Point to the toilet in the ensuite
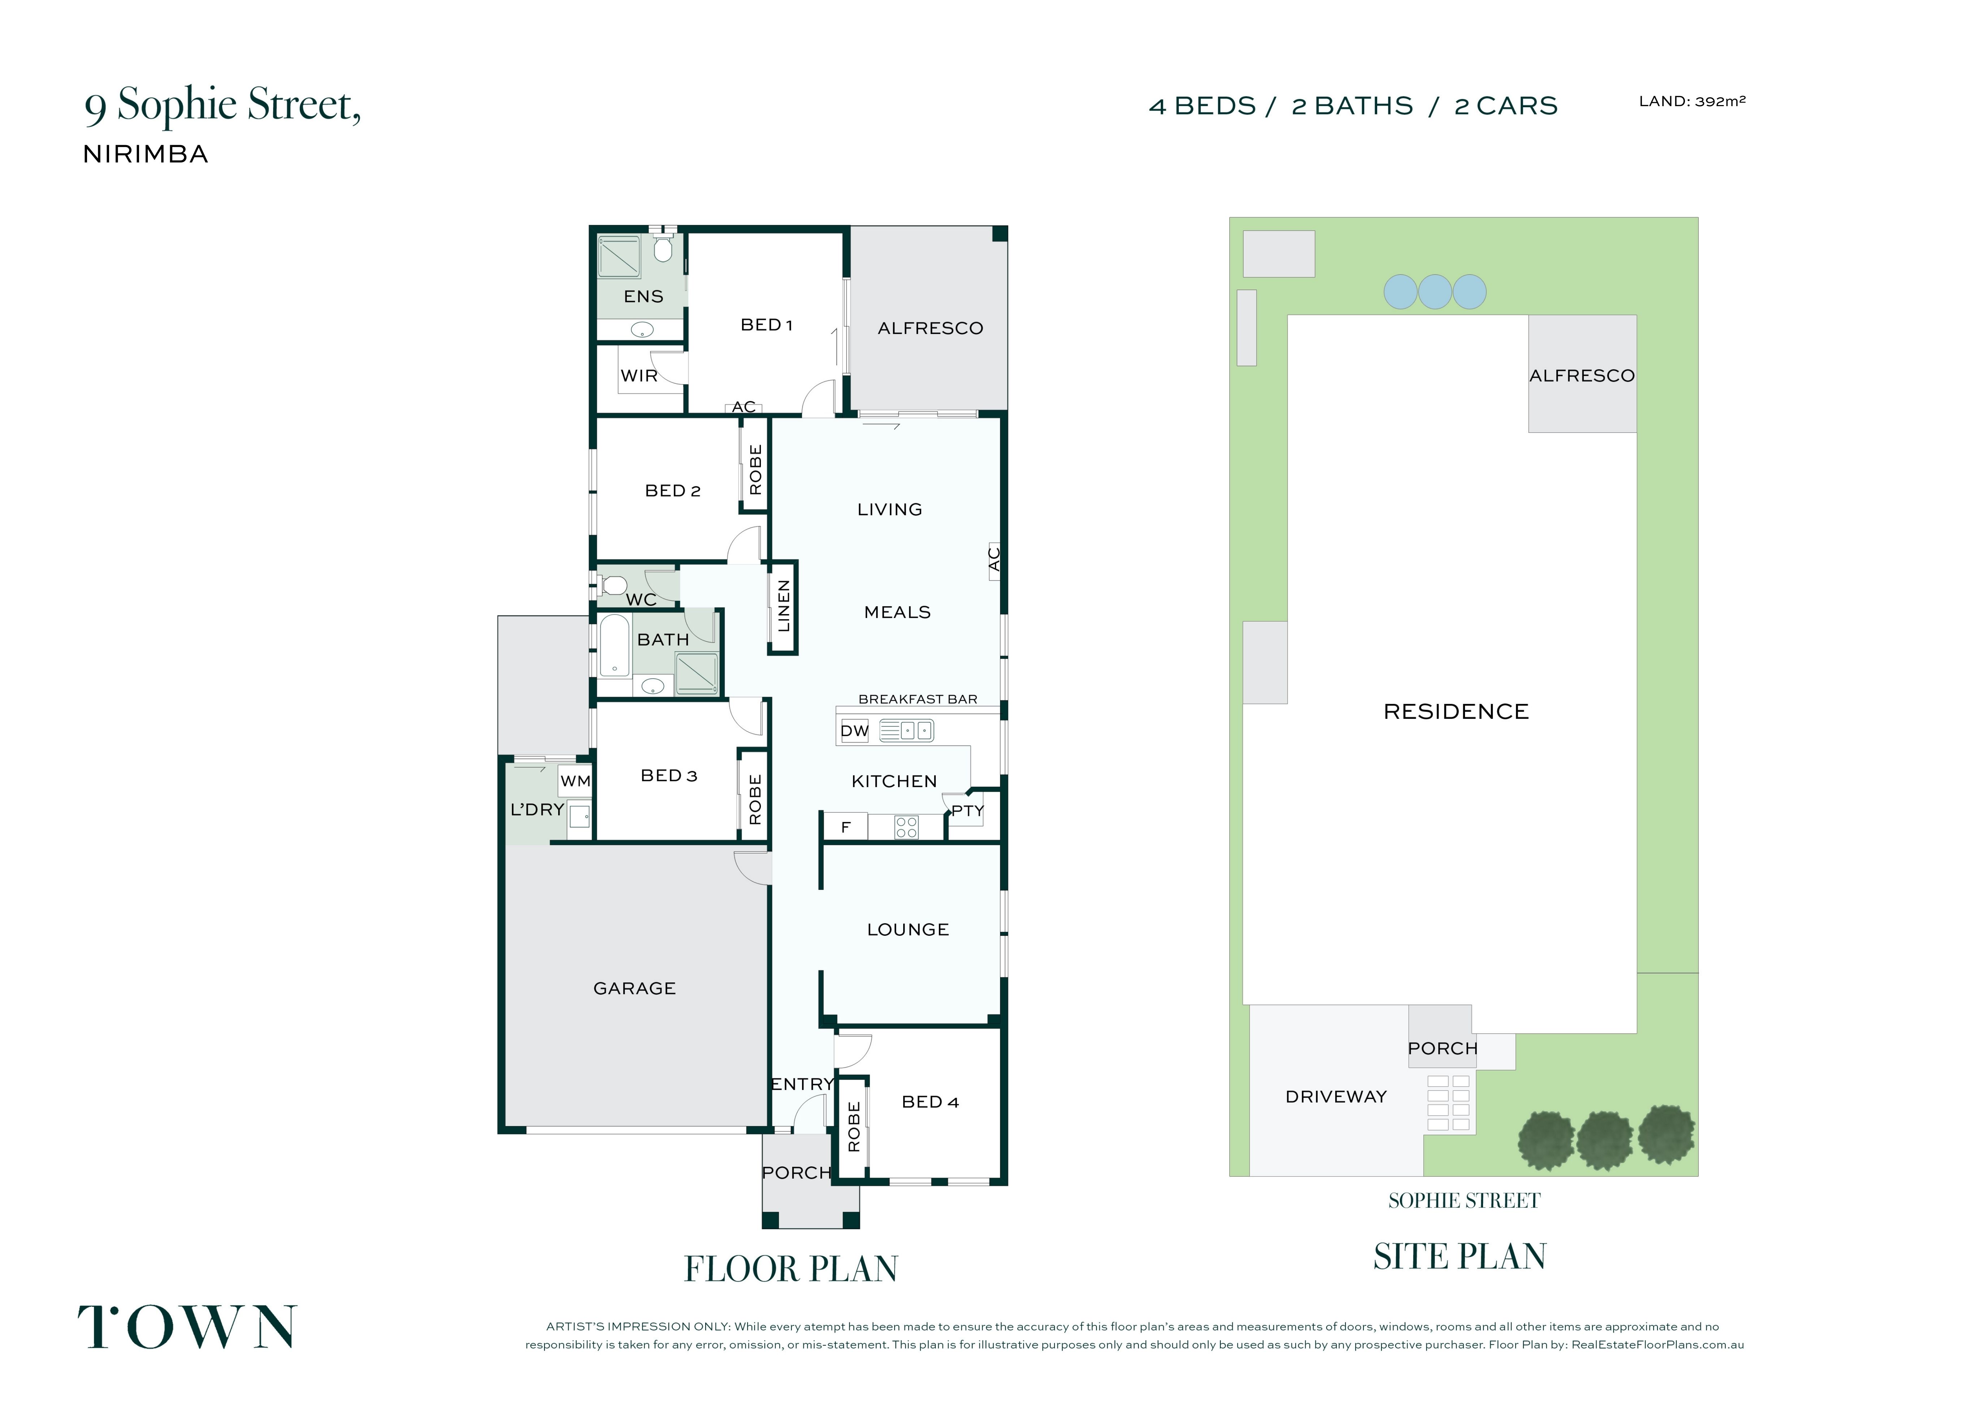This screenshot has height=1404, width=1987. click(663, 248)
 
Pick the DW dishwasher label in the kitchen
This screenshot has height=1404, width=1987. click(854, 731)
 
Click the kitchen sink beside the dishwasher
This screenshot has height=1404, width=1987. click(906, 731)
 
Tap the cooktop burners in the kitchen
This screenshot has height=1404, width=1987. click(906, 827)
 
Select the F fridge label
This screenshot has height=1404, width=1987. click(845, 828)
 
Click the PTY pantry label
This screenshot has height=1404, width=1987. click(967, 812)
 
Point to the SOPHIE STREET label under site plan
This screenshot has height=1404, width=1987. click(1464, 1201)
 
